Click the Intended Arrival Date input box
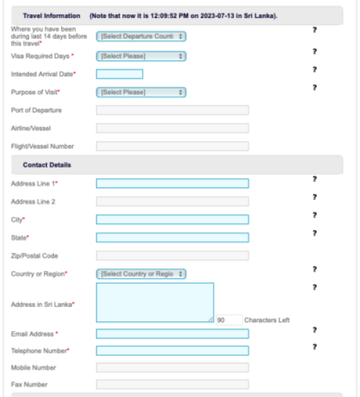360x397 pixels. [119, 73]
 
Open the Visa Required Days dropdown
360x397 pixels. [140, 55]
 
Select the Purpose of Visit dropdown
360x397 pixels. [140, 92]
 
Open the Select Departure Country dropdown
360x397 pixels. [140, 35]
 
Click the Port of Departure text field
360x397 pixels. [172, 110]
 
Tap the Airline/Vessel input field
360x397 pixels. [172, 128]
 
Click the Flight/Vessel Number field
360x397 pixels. [172, 146]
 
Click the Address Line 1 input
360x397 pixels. [172, 184]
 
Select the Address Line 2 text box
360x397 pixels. [172, 202]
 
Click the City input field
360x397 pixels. [172, 220]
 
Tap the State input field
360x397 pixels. [172, 237]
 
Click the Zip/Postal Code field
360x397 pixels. [172, 256]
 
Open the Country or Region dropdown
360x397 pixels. [140, 274]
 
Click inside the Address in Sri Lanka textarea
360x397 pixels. [155, 303]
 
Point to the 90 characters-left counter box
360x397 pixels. [229, 320]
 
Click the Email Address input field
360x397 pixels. [172, 334]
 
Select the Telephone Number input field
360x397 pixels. [172, 351]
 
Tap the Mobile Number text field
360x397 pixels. [172, 367]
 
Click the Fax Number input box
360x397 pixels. [172, 385]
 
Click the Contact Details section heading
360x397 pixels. [46, 165]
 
